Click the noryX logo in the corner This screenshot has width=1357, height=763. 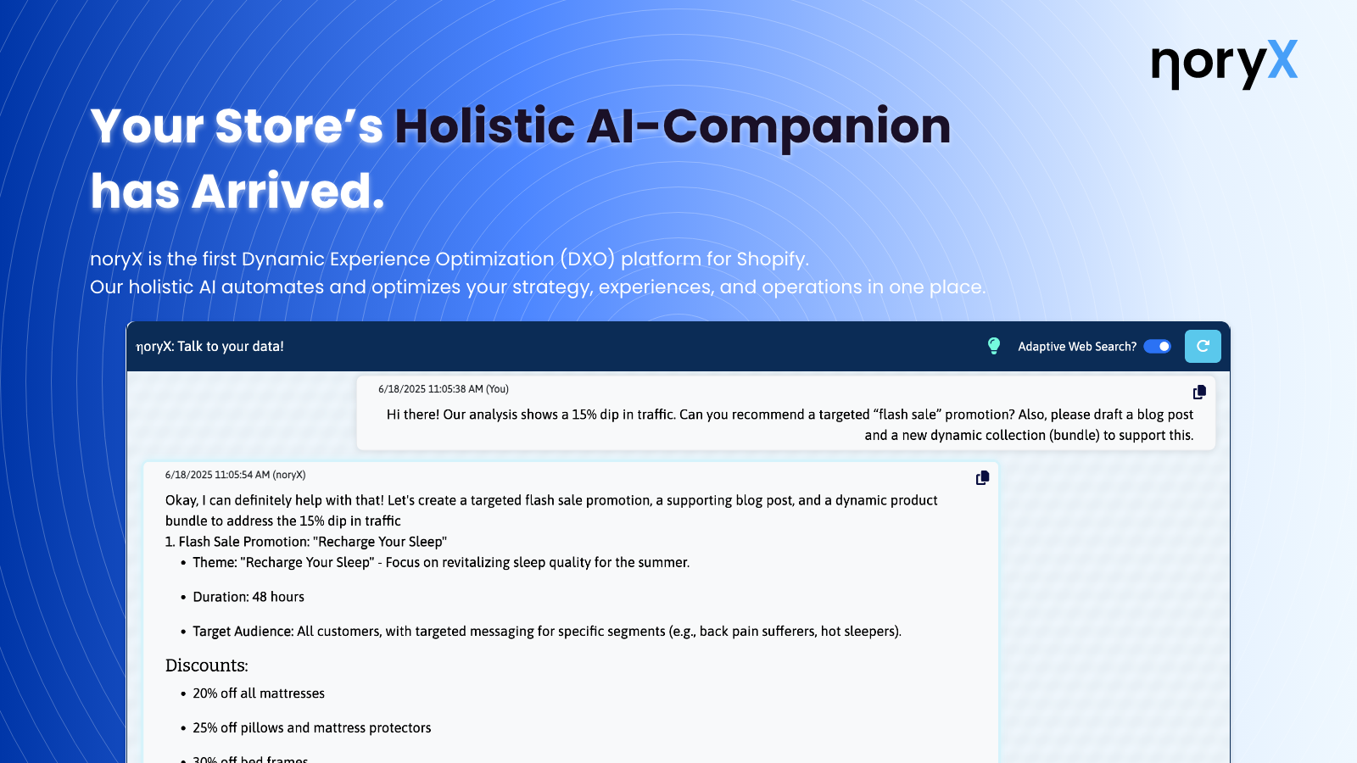point(1224,63)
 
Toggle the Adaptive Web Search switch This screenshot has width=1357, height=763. point(1157,346)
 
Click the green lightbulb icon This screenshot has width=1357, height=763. point(994,346)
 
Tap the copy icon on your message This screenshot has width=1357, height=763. point(1199,393)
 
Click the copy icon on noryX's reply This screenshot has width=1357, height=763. point(982,478)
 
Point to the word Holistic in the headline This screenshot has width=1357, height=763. point(484,126)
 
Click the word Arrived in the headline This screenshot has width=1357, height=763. point(288,192)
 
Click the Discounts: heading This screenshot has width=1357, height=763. point(207,666)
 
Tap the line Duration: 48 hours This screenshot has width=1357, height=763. point(249,597)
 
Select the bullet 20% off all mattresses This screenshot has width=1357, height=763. point(259,693)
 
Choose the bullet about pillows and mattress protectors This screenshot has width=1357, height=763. point(312,728)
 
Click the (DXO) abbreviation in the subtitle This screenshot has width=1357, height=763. point(587,259)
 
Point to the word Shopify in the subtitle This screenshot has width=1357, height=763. point(771,259)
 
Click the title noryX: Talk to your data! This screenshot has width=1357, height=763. point(210,346)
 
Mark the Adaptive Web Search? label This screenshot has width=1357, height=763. point(1077,346)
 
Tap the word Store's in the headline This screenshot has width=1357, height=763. point(299,126)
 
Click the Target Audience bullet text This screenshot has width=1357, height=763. point(547,632)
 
